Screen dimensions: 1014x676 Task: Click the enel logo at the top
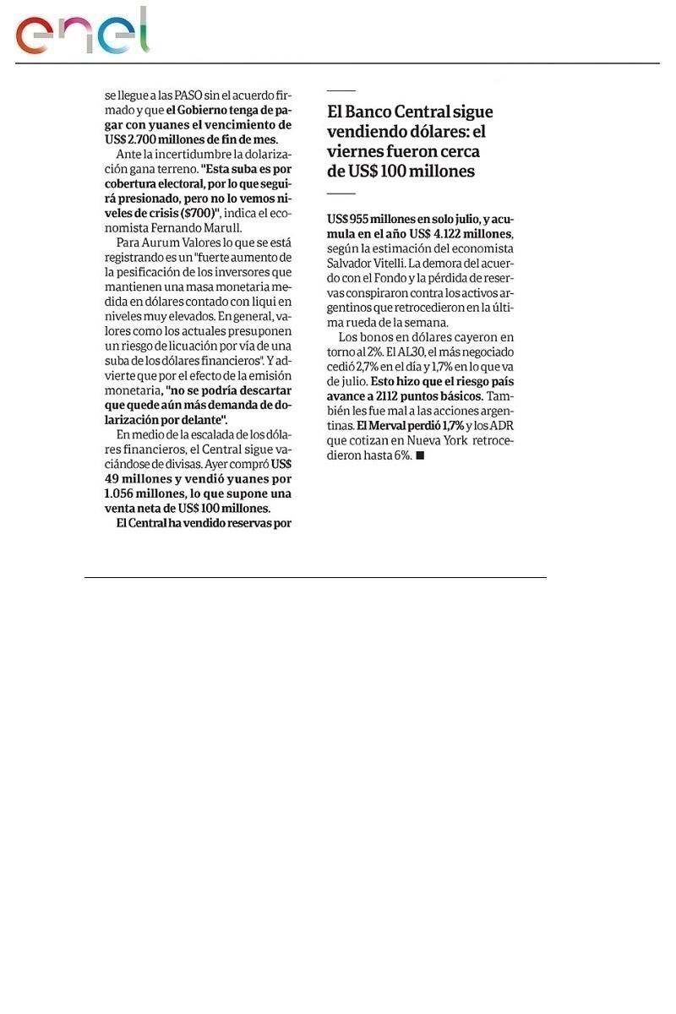[x=83, y=32]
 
